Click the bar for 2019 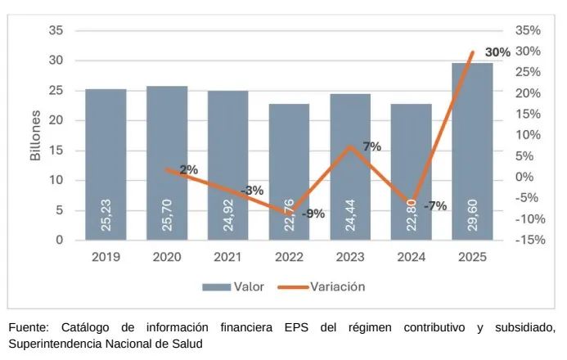[x=106, y=164]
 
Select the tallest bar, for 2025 [x=472, y=151]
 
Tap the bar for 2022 [x=289, y=172]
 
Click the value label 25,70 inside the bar [x=167, y=214]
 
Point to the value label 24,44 [x=350, y=214]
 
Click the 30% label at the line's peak [x=497, y=52]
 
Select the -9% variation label [x=313, y=214]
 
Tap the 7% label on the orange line [x=371, y=146]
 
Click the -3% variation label [x=252, y=190]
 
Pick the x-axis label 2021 [x=228, y=257]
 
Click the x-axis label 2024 [x=412, y=257]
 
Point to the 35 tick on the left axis [x=56, y=30]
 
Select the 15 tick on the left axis [x=56, y=151]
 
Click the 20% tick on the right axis [x=529, y=93]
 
